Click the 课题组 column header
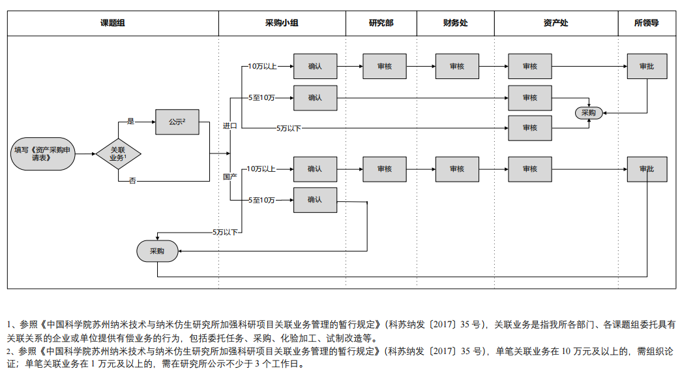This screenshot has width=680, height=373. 113,23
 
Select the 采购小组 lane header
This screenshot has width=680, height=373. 282,23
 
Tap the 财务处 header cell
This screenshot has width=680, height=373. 455,23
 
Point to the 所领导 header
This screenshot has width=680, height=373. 646,23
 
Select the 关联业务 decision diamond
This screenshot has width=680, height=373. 118,154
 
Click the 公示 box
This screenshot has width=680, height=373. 177,122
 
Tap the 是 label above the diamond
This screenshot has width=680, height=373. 130,122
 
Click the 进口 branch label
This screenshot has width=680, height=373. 229,125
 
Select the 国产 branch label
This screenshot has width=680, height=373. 229,176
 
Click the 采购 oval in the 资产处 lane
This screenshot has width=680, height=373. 589,113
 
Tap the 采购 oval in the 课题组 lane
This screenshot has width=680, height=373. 157,251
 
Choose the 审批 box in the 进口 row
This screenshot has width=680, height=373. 647,66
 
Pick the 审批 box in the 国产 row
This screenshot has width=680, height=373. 647,169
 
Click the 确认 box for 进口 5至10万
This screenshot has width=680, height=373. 315,98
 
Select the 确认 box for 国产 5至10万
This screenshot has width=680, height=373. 315,200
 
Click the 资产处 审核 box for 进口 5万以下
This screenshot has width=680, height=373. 529,128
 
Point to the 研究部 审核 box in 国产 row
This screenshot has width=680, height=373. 385,169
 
